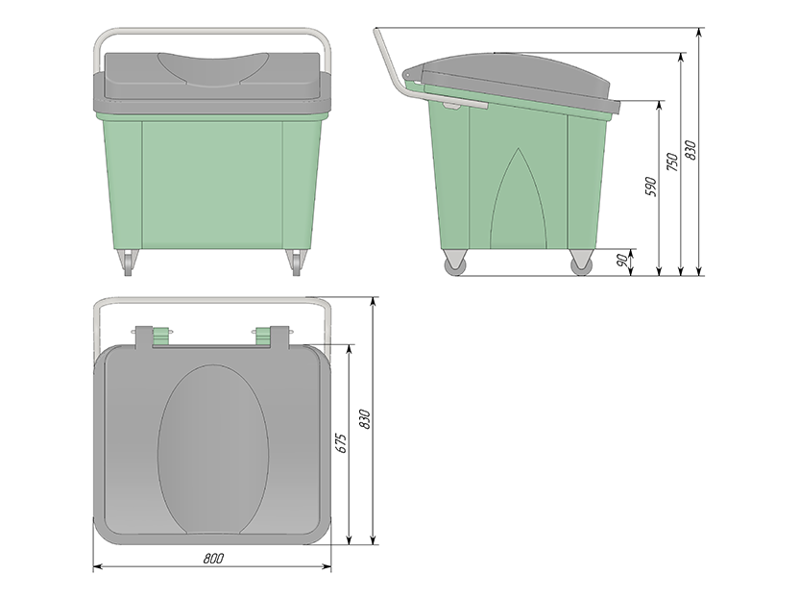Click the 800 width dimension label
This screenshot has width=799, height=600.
(213, 558)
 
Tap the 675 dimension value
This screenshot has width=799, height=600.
(342, 443)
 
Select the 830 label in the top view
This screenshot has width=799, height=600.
(365, 419)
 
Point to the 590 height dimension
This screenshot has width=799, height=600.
(651, 187)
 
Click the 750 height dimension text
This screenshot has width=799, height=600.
(672, 162)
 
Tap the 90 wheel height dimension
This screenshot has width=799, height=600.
(622, 261)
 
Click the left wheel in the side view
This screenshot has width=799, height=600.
(455, 264)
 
